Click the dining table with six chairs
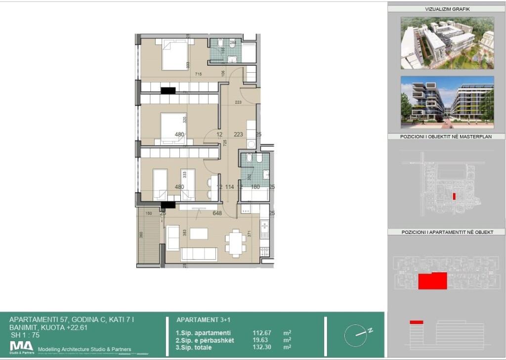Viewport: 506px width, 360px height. tap(236, 242)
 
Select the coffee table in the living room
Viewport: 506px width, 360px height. tap(199, 233)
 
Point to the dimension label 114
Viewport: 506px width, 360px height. tap(229, 187)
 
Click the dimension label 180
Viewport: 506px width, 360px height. tap(255, 187)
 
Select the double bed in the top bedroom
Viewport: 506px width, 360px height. tap(174, 55)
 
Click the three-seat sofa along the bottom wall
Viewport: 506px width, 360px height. tap(199, 254)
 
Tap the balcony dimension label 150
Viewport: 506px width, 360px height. tap(148, 213)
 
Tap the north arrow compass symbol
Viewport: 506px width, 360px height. tap(356, 336)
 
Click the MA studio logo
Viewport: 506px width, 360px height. tap(22, 347)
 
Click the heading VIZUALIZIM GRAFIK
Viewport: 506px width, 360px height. tap(447, 9)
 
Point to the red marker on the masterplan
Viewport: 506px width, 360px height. tap(454, 196)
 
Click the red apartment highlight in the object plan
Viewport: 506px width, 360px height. tap(432, 280)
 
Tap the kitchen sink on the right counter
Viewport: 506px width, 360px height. tap(264, 229)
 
